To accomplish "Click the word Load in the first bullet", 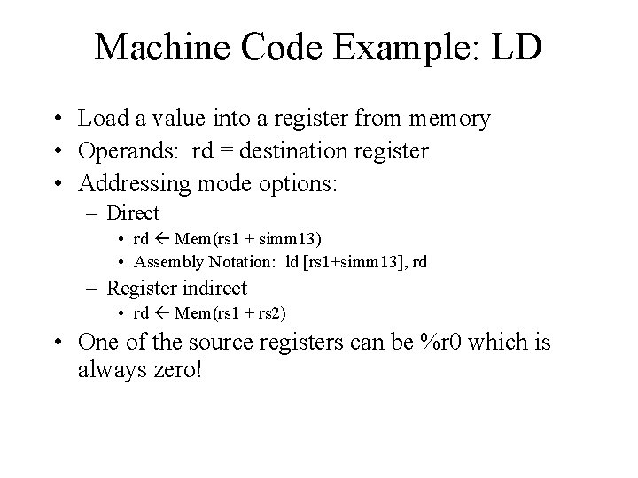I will point(101,119).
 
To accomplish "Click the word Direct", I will point(132,213).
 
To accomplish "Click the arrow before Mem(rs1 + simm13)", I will point(162,238).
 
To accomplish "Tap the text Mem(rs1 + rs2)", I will point(233,312).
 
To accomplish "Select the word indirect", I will point(216,288).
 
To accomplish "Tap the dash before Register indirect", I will point(95,288).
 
